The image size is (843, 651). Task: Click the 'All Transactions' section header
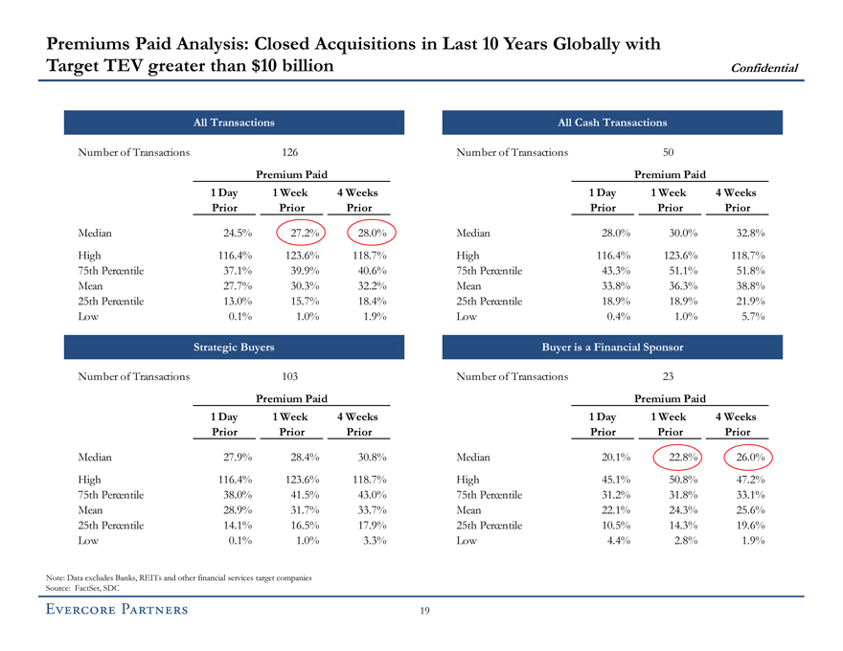[x=234, y=123]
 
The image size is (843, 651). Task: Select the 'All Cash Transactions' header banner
[x=612, y=123]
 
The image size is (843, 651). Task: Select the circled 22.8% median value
[x=681, y=458]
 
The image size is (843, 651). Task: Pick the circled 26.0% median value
[x=746, y=458]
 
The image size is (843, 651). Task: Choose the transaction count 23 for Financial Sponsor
[x=669, y=377]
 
